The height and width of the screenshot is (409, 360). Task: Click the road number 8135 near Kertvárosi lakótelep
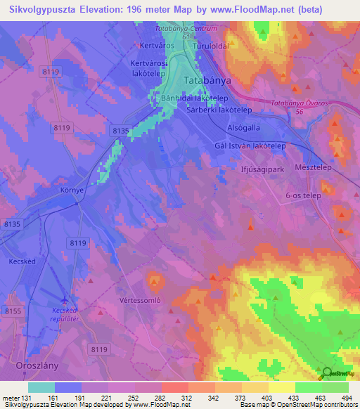pos(120,130)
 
